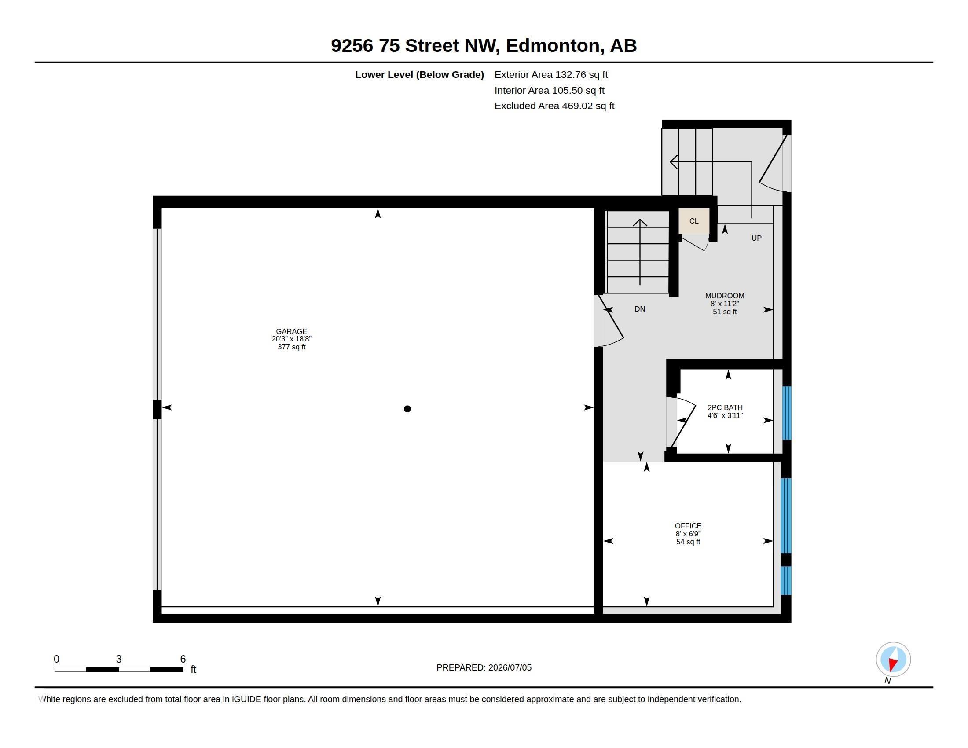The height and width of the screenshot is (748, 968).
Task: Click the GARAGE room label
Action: click(x=291, y=331)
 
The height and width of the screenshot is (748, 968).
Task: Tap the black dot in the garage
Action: click(x=407, y=409)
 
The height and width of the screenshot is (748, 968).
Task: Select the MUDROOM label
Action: click(x=725, y=296)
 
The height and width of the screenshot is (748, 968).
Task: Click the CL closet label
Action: click(x=693, y=221)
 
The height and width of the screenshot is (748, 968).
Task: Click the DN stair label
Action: click(x=640, y=309)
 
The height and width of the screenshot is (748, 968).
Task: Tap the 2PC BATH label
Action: click(x=725, y=407)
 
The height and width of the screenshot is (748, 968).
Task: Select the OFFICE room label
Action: click(x=688, y=525)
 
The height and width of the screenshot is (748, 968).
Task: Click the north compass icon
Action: click(x=893, y=660)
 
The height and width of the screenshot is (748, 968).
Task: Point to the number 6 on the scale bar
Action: click(x=183, y=659)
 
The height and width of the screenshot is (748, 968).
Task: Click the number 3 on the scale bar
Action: click(x=119, y=659)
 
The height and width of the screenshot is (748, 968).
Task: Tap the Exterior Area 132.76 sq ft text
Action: click(x=551, y=74)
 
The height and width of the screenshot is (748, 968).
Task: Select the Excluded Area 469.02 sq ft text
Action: click(x=554, y=106)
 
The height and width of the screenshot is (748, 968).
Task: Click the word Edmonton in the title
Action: click(x=553, y=46)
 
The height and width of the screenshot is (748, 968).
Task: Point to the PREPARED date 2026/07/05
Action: click(x=510, y=667)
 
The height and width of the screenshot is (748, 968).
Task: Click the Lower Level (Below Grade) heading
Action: click(x=419, y=74)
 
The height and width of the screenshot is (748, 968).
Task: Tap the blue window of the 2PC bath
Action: click(x=786, y=413)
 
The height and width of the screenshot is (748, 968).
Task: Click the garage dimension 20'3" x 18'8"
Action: click(x=291, y=339)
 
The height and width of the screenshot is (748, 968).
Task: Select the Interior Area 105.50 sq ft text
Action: click(x=550, y=90)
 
